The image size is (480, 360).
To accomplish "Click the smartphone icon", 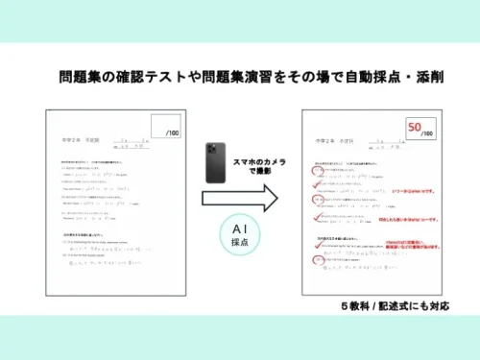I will [x=215, y=162].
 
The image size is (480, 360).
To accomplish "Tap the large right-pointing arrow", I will [x=239, y=199].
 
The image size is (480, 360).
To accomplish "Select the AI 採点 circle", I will [x=238, y=234].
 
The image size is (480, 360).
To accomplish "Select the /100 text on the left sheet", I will [x=173, y=132].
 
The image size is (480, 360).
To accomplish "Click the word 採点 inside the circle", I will [x=238, y=244].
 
